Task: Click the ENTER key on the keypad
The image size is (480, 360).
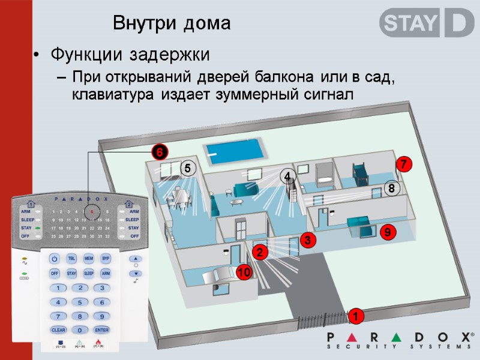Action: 101,330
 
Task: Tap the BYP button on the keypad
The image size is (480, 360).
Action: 106,259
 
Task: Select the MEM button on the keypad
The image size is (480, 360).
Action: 88,259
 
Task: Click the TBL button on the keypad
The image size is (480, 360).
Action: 71,259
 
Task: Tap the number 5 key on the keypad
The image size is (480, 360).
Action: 80,302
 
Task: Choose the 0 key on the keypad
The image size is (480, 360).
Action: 80,330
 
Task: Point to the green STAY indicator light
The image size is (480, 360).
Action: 38,229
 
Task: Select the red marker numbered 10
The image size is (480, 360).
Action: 243,273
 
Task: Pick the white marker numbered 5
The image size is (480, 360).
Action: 187,169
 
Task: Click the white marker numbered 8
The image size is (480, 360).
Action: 391,189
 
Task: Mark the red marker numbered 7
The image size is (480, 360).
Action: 404,164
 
